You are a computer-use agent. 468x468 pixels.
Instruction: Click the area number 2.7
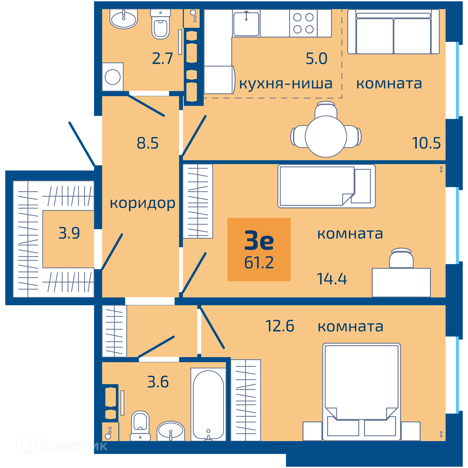(x=162, y=58)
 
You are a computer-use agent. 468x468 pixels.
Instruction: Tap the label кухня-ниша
(x=286, y=83)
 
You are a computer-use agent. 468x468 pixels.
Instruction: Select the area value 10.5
(x=426, y=143)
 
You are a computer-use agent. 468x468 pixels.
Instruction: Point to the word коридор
(x=142, y=204)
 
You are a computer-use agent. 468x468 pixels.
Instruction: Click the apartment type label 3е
(x=259, y=240)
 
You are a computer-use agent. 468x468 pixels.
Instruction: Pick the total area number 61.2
(x=259, y=263)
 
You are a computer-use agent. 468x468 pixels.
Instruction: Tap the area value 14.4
(x=332, y=279)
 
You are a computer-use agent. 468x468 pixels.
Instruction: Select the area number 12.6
(x=280, y=326)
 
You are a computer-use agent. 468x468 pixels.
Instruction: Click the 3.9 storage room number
(x=69, y=233)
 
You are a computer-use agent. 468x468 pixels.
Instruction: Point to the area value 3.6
(x=158, y=382)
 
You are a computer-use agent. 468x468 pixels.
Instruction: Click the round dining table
(x=326, y=136)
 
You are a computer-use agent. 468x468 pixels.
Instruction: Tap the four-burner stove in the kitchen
(x=303, y=23)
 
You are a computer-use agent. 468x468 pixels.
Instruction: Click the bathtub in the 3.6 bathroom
(x=208, y=404)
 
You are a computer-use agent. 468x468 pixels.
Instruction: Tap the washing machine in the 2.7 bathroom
(x=113, y=77)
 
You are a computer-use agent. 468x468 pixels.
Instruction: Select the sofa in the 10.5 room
(x=394, y=32)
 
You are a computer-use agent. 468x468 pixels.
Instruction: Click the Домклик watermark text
(x=74, y=446)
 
